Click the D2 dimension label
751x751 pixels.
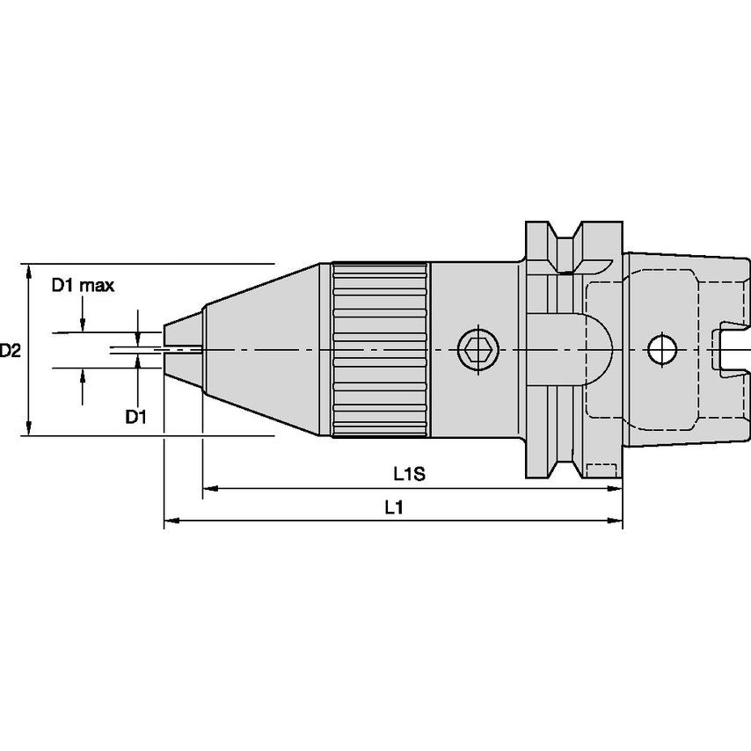coord(11,351)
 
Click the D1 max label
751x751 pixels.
coord(82,285)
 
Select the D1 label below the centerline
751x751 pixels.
coord(135,416)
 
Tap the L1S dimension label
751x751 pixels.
coord(409,475)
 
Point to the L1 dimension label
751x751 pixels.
coord(393,508)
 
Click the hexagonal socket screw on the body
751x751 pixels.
coord(476,351)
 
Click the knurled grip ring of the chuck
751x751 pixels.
coord(380,350)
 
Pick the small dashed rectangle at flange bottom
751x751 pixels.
coord(601,469)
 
